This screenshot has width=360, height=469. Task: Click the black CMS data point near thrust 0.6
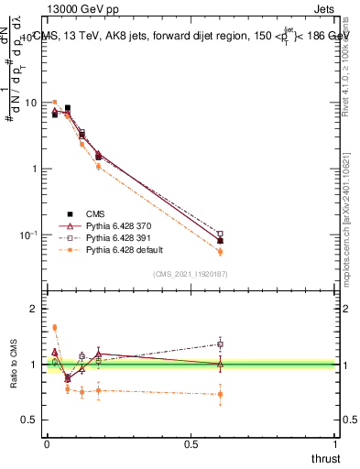click(220, 241)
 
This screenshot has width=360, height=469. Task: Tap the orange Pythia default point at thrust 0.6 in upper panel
click(220, 251)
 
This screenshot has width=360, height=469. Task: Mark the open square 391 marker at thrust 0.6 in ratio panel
click(220, 344)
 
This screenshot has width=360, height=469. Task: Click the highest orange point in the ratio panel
click(55, 327)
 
